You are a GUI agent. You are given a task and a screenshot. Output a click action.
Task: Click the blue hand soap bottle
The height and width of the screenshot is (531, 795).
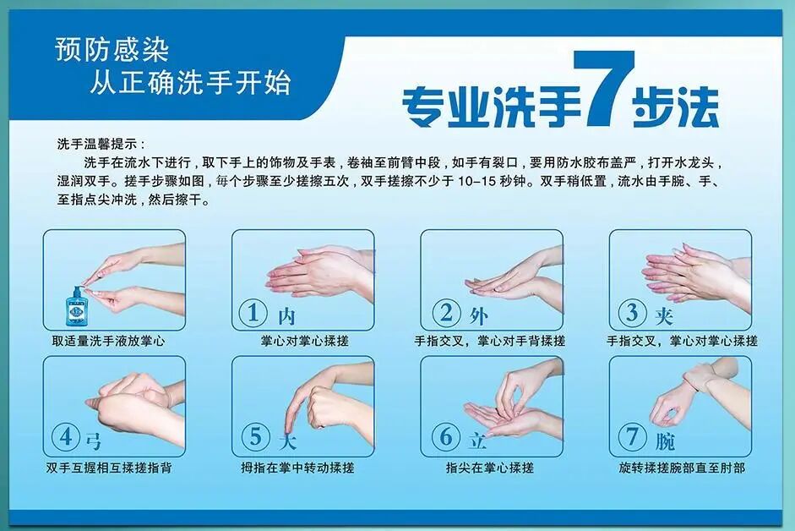(x=77, y=309)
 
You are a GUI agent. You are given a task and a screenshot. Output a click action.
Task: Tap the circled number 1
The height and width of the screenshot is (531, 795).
(x=252, y=313)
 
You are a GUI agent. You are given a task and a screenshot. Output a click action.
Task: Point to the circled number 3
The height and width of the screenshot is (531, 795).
(x=630, y=313)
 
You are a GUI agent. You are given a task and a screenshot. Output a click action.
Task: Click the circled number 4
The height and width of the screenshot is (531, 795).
(x=65, y=437)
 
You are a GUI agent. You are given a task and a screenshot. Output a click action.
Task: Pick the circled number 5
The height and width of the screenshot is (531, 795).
(x=253, y=437)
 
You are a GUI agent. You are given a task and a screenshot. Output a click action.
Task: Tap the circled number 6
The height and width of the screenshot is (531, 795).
(x=443, y=437)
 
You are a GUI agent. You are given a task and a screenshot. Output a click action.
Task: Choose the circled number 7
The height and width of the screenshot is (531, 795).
(x=631, y=437)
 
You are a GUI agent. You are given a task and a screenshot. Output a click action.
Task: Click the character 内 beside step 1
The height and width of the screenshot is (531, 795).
(x=286, y=317)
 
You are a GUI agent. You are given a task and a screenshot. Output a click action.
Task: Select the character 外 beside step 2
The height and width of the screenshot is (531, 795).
(x=477, y=317)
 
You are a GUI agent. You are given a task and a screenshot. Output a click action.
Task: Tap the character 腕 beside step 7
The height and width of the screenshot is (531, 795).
(x=665, y=441)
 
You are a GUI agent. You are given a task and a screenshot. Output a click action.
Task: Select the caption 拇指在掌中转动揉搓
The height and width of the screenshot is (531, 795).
(x=297, y=468)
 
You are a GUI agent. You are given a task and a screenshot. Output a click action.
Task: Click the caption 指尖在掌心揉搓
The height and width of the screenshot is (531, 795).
(x=490, y=468)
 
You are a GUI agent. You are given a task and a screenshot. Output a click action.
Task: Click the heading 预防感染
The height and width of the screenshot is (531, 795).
(x=112, y=50)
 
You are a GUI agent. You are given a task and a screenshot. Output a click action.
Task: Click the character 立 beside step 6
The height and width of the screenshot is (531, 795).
(x=476, y=441)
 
